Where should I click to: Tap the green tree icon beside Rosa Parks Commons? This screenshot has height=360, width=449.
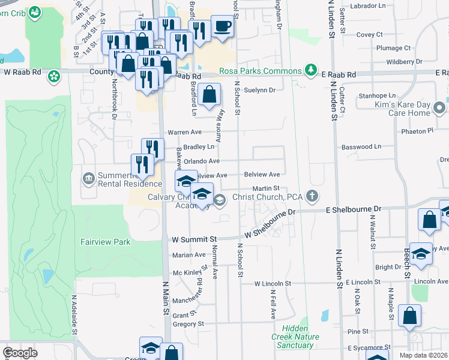[311, 71]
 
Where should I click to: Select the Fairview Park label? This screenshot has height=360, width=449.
[106, 242]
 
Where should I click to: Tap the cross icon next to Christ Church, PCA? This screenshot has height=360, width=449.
[312, 196]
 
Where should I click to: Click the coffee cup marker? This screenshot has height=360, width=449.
[221, 26]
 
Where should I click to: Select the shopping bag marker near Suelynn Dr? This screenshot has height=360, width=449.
[208, 94]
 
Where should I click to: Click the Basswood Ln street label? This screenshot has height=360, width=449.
[361, 146]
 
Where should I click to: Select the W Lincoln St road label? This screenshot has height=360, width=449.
[273, 283]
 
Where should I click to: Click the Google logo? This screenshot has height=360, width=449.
[20, 352]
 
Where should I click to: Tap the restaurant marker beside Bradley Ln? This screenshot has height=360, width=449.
[153, 148]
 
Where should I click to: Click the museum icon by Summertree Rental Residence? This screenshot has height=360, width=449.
[88, 178]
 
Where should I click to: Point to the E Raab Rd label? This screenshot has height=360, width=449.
[339, 74]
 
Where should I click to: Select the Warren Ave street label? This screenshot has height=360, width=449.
[184, 131]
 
